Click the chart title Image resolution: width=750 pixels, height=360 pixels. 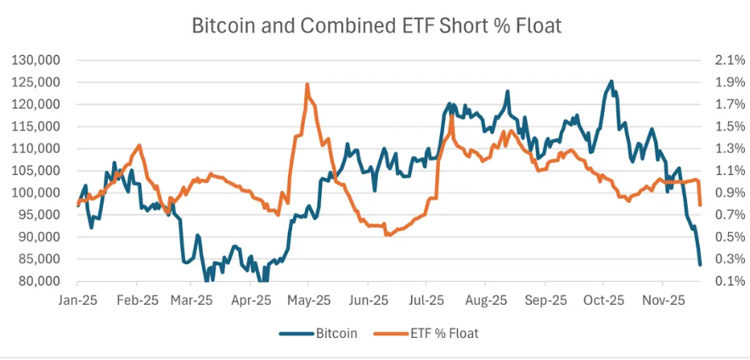coord(376,25)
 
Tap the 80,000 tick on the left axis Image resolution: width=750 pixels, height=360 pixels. coord(37,282)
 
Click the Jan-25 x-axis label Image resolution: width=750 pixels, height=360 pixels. coord(77,301)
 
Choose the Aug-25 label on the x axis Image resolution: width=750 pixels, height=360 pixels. coord(487,301)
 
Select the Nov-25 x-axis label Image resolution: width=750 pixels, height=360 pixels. coord(664,301)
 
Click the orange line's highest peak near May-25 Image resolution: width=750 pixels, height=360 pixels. coord(307,84)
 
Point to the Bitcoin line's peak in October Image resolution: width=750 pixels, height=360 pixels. coord(611,82)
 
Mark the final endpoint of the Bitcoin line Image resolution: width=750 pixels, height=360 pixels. coord(700,265)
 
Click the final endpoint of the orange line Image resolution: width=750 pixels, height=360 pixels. coord(700,205)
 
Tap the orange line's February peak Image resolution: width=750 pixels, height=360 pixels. coord(139,146)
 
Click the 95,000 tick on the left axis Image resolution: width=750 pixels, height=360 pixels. coord(37,215)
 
